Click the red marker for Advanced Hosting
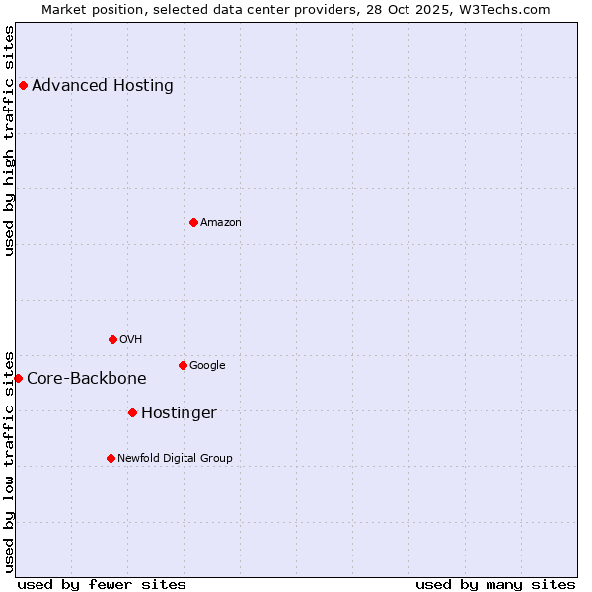[23, 85]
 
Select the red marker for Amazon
[193, 222]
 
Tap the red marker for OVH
[112, 339]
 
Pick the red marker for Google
[183, 365]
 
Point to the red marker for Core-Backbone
[18, 378]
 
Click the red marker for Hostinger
[132, 412]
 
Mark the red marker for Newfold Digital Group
[111, 458]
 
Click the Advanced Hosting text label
[103, 85]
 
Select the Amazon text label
[221, 222]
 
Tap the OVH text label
[131, 339]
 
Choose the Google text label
[207, 365]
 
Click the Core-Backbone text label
[87, 378]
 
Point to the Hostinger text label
[179, 412]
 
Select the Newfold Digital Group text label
[175, 458]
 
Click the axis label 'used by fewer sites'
[102, 584]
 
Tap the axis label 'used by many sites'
[495, 584]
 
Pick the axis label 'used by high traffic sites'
[10, 140]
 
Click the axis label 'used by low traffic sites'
[10, 461]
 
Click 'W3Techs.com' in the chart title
[508, 9]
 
